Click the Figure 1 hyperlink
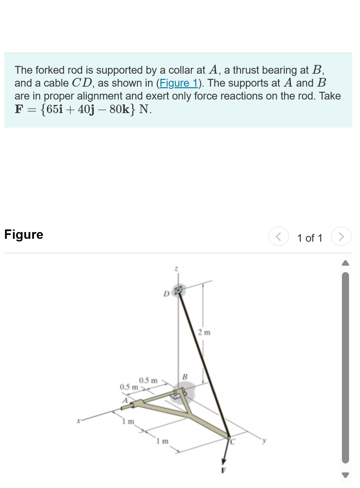179,83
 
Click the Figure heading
24,235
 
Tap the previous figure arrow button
278,237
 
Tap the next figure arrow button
341,237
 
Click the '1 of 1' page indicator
309,238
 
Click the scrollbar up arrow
345,263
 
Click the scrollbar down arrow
345,475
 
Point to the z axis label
176,269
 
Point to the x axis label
78,421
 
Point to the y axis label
264,440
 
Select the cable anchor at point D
178,290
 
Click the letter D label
166,294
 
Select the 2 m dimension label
204,332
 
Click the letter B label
185,377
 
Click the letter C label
233,441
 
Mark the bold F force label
223,471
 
